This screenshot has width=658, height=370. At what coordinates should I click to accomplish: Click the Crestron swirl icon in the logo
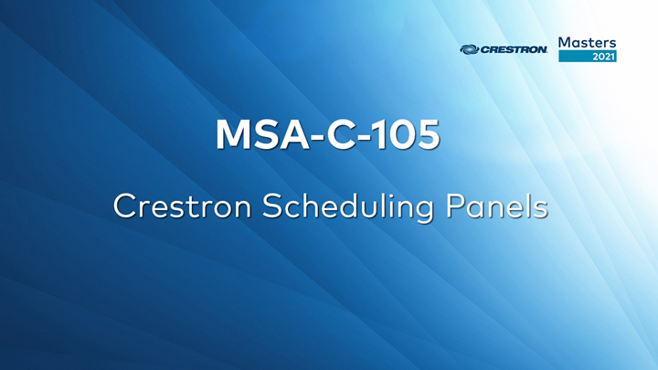pos(469,49)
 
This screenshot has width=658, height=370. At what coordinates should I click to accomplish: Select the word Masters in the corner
pos(587,42)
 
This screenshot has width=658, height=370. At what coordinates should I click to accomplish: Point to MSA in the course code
pos(256,135)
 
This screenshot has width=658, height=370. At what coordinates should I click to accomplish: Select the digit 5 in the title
pos(428,135)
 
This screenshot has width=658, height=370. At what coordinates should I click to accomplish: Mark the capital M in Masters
pos(565,42)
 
